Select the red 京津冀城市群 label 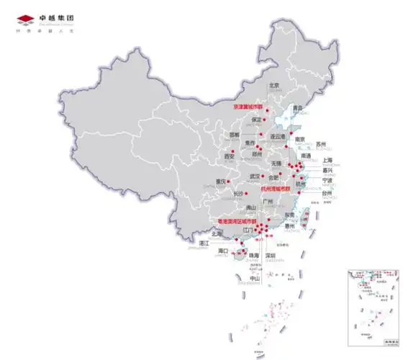click(249, 106)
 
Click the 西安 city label click(230, 156)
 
